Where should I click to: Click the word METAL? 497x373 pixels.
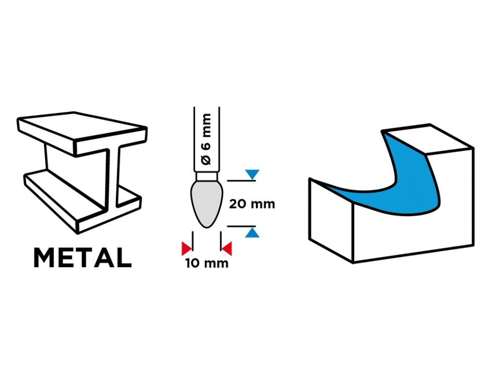point(82,258)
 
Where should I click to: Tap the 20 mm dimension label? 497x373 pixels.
point(252,203)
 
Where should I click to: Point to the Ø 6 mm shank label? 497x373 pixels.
point(206,138)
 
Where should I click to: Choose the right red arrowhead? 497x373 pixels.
point(227,249)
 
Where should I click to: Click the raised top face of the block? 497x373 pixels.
point(427,138)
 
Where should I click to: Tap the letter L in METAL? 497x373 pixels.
point(124,258)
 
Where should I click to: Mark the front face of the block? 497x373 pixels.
point(413,233)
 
